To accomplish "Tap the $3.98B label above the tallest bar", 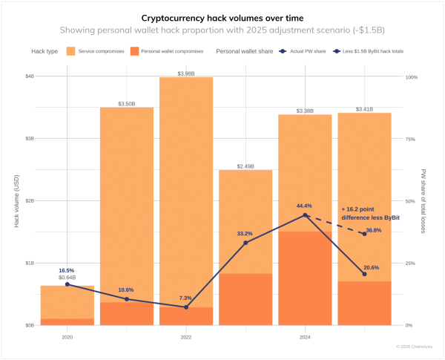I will tap(185, 73).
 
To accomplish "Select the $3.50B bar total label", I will tap(126, 104).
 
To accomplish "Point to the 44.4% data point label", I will tap(304, 206).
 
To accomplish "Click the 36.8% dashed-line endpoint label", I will tap(372, 230).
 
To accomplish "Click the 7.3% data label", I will tap(185, 298).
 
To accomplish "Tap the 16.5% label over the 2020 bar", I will tap(66, 270).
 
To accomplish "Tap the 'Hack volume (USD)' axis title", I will tap(16, 201).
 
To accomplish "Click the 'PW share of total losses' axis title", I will tap(424, 201).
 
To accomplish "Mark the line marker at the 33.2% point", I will tap(245, 243).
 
